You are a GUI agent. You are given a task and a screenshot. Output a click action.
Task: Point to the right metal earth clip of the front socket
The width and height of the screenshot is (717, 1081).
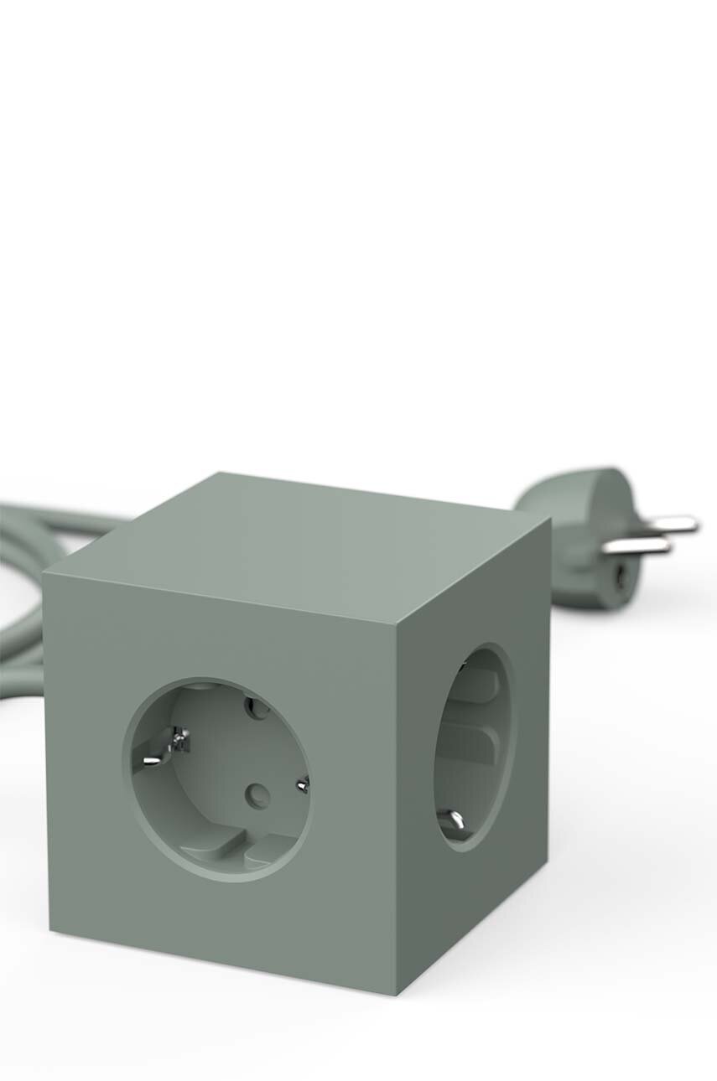click(x=302, y=784)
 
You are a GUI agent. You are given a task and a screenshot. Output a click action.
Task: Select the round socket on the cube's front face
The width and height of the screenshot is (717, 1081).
click(x=218, y=778)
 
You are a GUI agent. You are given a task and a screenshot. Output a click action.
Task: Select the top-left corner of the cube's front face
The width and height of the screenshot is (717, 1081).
click(x=44, y=576)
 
